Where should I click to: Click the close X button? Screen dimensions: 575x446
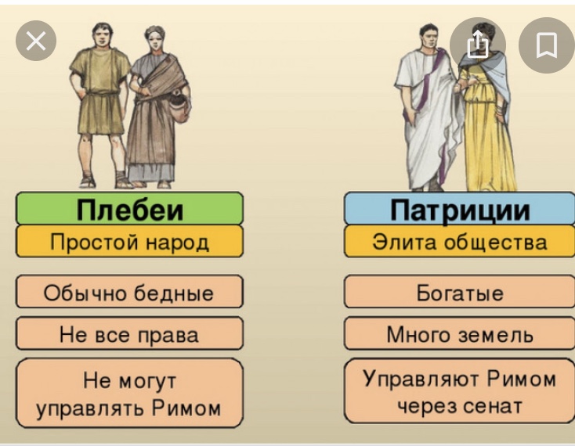(x=36, y=40)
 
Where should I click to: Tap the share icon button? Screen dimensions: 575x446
(x=477, y=45)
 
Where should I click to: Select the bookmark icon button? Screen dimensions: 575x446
(x=546, y=45)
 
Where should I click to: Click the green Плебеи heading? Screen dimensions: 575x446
(x=129, y=208)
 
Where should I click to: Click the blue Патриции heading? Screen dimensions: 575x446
(x=460, y=208)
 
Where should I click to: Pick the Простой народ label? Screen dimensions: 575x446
(x=129, y=241)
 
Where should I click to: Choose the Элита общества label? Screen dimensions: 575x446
(x=460, y=241)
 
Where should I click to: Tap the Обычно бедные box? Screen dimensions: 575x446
(x=129, y=292)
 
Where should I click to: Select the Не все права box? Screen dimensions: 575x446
(x=129, y=333)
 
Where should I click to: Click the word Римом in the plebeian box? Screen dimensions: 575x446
(x=186, y=408)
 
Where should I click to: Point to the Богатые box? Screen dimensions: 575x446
(x=460, y=292)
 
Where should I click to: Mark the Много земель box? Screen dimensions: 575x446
(x=460, y=333)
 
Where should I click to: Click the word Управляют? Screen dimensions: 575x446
(x=421, y=379)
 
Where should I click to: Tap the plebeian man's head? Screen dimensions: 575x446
(x=103, y=35)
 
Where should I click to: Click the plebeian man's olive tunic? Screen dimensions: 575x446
(x=99, y=92)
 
